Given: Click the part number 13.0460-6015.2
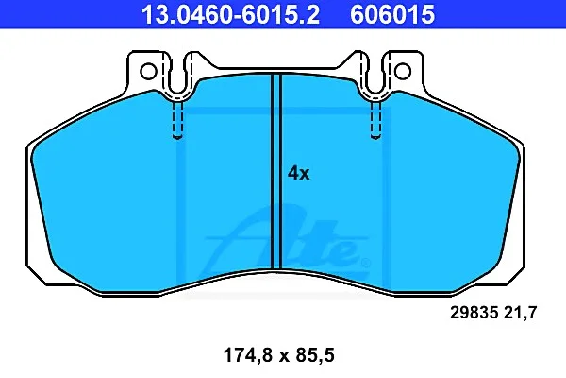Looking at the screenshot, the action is tap(230, 14).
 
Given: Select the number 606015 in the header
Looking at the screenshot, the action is tap(392, 14).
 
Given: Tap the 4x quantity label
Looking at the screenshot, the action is tap(298, 173).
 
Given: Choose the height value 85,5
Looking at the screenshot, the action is tap(315, 355).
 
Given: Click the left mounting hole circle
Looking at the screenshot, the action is tap(148, 71).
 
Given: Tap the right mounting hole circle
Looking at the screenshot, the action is tap(403, 71).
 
